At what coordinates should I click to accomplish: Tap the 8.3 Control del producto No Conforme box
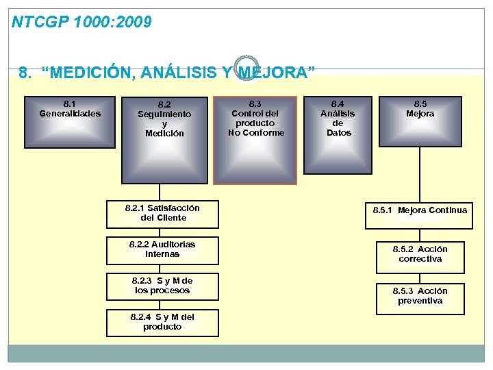tap(255, 140)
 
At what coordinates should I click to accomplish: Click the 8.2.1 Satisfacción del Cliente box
tap(163, 213)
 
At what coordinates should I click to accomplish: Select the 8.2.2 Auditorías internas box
tap(163, 249)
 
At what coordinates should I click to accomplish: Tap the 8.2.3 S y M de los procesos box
tap(163, 286)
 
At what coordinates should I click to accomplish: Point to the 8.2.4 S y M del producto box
tap(163, 322)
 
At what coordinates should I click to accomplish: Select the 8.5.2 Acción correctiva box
tap(420, 254)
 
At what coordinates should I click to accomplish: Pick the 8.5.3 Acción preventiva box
tap(420, 296)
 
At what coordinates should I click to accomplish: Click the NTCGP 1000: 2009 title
tap(82, 23)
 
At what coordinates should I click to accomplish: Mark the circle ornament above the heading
tap(244, 67)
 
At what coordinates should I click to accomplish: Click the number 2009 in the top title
tap(134, 23)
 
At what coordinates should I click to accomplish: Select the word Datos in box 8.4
tap(338, 133)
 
